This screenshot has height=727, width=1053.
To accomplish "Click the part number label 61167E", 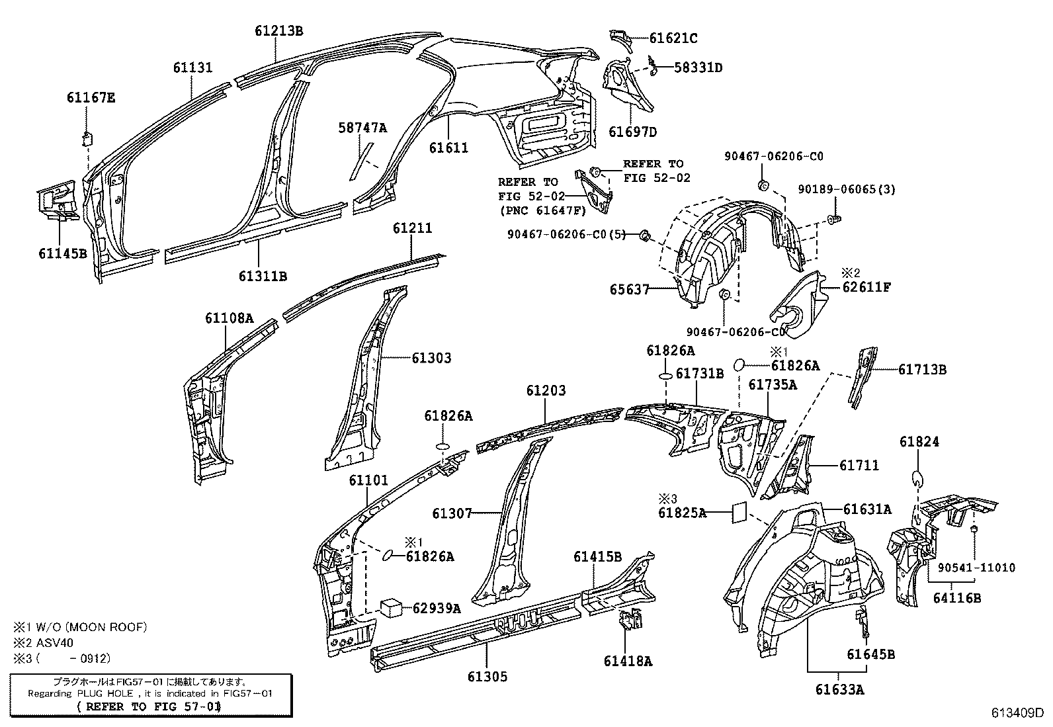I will (x=91, y=98).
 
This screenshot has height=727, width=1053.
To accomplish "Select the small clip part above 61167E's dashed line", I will (x=86, y=138).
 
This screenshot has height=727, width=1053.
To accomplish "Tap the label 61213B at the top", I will (x=279, y=30).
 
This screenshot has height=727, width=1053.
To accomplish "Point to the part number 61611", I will (x=448, y=148).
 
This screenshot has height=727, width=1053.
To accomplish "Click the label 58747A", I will (x=362, y=128).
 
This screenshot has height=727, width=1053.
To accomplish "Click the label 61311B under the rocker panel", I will (x=263, y=277).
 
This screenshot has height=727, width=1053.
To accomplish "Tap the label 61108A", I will (x=229, y=318).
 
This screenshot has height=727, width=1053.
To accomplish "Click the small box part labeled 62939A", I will (x=390, y=607).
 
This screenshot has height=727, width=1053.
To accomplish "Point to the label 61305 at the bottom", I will (x=487, y=676).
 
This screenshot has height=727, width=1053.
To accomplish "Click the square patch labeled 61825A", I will (x=739, y=512).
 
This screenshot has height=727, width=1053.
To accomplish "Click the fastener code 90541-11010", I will (x=976, y=567).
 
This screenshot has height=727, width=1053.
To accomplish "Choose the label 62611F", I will (x=866, y=287).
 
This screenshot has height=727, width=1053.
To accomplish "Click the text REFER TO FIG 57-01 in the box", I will (x=149, y=706).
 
